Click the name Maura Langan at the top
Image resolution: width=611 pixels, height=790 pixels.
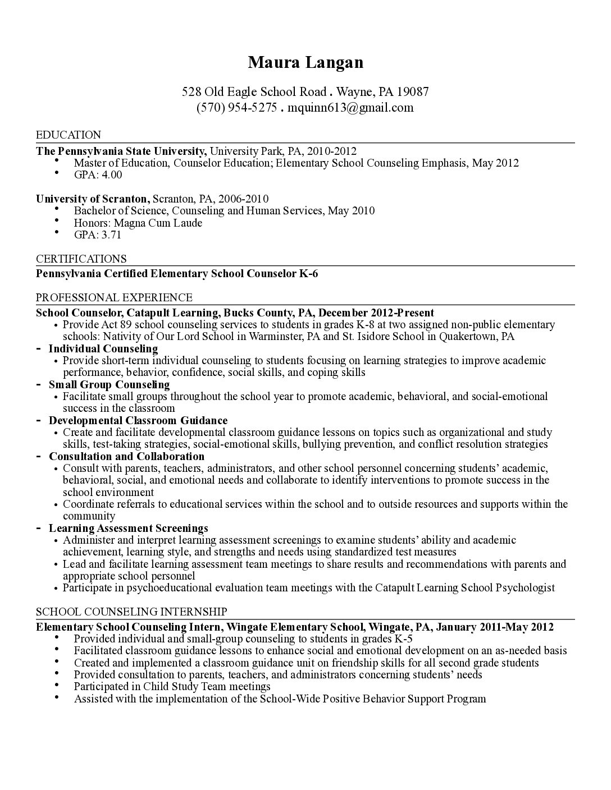(x=305, y=62)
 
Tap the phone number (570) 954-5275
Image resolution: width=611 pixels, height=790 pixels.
(x=236, y=107)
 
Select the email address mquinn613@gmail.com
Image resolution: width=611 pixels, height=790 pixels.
(x=350, y=107)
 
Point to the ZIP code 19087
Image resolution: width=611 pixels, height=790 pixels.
(x=413, y=91)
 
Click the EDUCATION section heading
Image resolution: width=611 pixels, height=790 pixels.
(x=69, y=135)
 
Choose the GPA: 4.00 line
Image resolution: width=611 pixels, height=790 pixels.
(x=98, y=174)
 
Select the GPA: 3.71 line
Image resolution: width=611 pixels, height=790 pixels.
(x=97, y=235)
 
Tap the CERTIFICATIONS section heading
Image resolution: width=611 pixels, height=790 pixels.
(x=81, y=259)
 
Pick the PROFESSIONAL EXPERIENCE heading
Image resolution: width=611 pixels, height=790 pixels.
(x=114, y=297)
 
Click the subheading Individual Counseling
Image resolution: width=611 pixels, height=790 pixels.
(x=103, y=348)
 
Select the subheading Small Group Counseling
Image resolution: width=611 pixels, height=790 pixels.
(x=109, y=384)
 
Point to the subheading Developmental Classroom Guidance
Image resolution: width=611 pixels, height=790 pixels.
(x=138, y=420)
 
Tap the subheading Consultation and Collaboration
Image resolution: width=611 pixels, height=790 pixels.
(x=126, y=456)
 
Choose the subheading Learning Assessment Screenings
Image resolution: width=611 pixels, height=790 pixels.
(x=128, y=528)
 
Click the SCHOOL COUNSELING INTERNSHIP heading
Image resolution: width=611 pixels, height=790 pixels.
(x=131, y=612)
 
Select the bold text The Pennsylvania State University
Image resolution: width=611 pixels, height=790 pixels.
(x=121, y=151)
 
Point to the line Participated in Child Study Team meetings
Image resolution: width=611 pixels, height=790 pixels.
(x=172, y=686)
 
